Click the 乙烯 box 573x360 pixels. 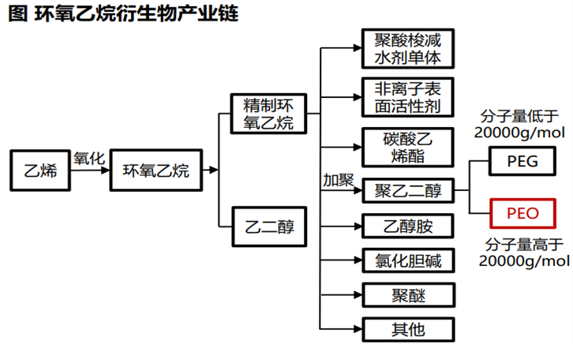point(39,171)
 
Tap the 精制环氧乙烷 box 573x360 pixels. point(268,113)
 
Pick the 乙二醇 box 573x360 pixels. point(268,227)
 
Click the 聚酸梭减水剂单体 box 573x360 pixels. point(407,48)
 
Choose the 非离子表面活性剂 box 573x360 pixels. point(407,96)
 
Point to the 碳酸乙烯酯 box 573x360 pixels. point(407,147)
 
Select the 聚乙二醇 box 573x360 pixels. point(407,190)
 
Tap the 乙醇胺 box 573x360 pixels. point(407,227)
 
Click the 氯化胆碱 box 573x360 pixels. point(407,260)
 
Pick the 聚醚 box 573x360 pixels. point(407,295)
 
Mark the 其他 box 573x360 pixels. point(407,329)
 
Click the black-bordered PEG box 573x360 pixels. point(522,162)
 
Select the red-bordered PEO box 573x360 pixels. point(522,214)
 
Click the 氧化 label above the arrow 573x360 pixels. point(89,158)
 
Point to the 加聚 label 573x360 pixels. point(338,180)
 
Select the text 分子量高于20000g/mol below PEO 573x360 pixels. point(523,252)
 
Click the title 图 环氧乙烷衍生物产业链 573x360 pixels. point(122,14)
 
